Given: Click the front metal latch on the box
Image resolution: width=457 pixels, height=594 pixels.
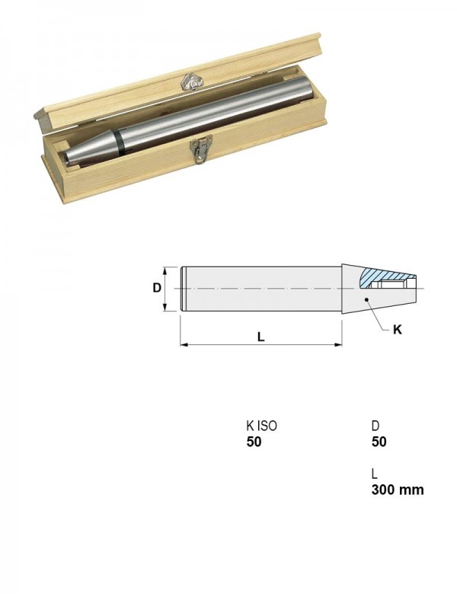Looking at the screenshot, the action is (x=201, y=149).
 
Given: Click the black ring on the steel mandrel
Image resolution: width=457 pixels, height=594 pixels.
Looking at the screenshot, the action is (x=120, y=142).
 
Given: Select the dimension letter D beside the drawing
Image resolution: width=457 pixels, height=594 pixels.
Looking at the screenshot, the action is (x=157, y=288).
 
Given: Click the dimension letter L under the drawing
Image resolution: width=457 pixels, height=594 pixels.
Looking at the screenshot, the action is (x=260, y=337).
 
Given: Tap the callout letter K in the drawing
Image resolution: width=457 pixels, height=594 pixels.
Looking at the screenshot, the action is (x=397, y=330).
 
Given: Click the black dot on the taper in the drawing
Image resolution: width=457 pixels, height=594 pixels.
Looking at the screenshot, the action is (x=367, y=299).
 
